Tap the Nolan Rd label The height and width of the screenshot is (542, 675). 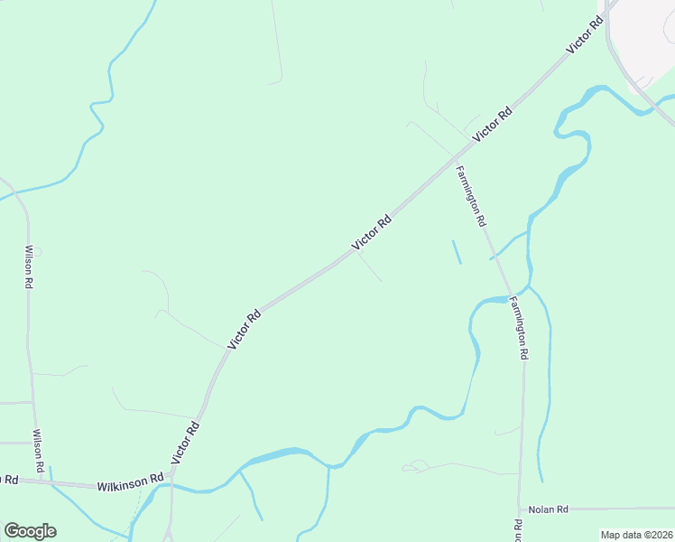(x=548, y=509)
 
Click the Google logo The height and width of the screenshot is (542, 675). (x=30, y=531)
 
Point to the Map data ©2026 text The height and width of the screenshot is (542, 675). (x=635, y=535)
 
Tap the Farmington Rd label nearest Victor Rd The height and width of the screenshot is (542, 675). (x=471, y=196)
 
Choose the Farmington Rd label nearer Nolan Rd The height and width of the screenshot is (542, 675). (x=518, y=329)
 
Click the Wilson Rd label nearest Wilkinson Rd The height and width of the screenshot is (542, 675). (x=39, y=452)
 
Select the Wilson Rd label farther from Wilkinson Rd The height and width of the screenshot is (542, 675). (x=29, y=266)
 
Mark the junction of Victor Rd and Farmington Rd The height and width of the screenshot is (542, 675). (x=453, y=156)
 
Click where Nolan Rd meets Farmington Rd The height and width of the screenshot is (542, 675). (x=520, y=509)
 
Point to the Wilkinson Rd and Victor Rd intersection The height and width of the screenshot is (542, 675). (x=171, y=476)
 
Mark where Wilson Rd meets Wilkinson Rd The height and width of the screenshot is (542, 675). (x=42, y=481)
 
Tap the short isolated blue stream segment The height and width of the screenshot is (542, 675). (x=456, y=251)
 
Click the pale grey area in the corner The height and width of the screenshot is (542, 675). (x=645, y=36)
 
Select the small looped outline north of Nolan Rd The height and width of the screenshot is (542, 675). (x=415, y=466)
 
